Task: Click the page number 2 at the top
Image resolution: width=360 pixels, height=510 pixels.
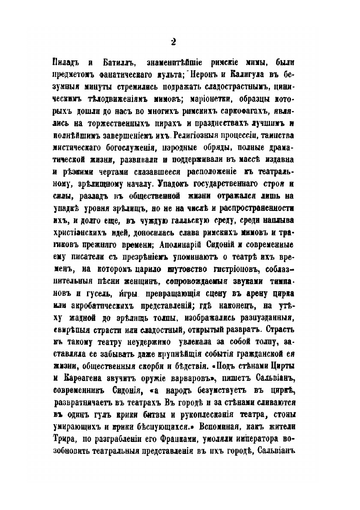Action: click(x=173, y=41)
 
